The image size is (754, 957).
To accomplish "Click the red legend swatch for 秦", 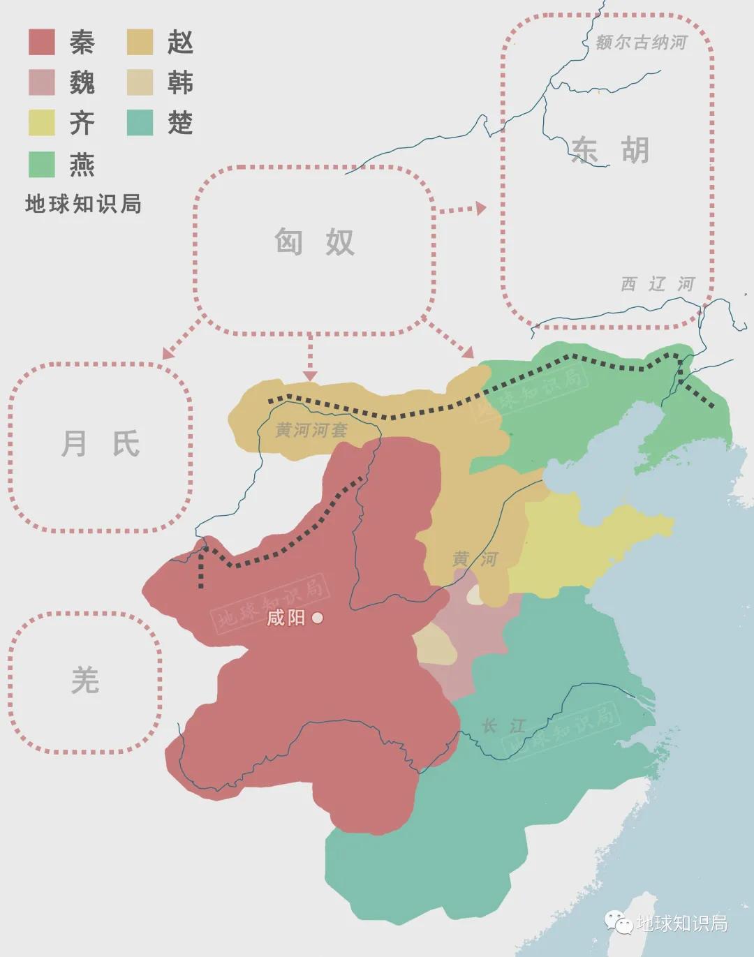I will (41, 43).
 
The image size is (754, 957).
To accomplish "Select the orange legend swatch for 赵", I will (140, 43).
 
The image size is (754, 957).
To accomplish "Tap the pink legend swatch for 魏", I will (41, 83).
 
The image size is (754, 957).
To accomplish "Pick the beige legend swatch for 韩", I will (140, 83).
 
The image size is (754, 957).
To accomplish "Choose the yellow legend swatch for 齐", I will (41, 124).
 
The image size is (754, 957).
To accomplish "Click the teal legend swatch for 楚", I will (140, 124).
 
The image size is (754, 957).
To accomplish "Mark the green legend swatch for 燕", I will (41, 165).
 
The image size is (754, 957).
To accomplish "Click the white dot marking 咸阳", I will (318, 618).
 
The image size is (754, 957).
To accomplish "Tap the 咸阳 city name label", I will (286, 618).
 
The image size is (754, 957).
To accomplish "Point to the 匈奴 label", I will (314, 242).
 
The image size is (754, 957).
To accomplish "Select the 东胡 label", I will (609, 150).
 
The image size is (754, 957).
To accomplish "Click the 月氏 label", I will (101, 443).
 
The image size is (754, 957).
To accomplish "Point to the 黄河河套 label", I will (311, 430).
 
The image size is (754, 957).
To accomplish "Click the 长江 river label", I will (503, 726).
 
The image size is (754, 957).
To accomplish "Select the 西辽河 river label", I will (658, 284).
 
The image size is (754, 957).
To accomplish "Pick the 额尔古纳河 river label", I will (641, 43).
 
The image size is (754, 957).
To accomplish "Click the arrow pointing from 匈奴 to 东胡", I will (461, 209).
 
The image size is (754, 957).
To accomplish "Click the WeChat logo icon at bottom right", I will (619, 923).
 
